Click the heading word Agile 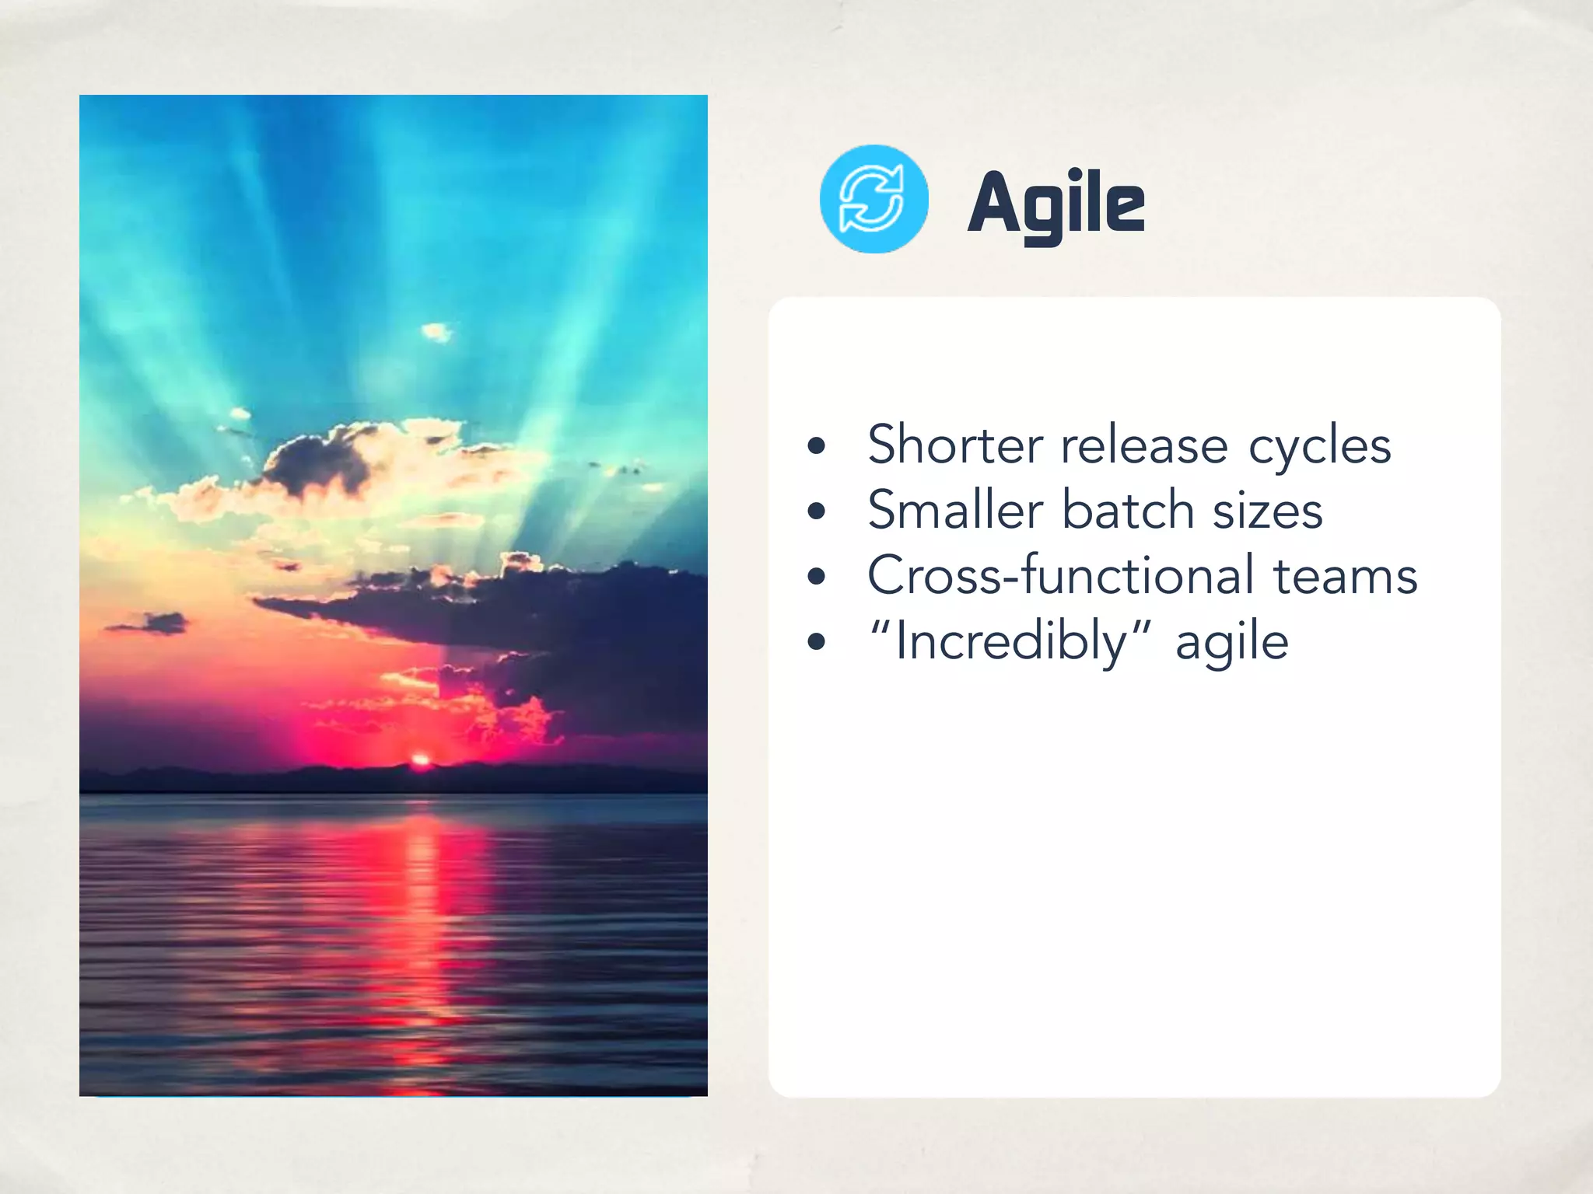pos(1056,204)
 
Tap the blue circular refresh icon pos(874,199)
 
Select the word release pos(1143,446)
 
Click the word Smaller pos(954,511)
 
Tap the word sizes pos(1267,512)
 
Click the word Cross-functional pos(1060,576)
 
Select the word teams pos(1345,578)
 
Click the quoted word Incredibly pos(1010,642)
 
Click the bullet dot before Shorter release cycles pos(816,446)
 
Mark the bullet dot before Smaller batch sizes pos(816,511)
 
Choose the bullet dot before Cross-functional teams pos(816,577)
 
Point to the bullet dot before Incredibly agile pos(816,642)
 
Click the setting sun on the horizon pos(421,759)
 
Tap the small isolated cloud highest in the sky pos(436,333)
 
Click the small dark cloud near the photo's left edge pos(152,623)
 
